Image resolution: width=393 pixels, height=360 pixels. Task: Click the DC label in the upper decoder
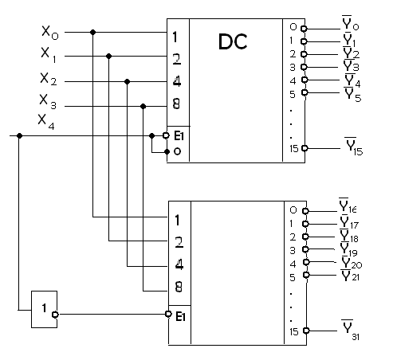coord(233,41)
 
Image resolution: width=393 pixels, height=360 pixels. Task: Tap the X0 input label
coord(50,33)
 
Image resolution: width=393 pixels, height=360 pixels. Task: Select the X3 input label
coord(48,102)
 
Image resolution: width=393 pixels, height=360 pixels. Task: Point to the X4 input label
coord(46,122)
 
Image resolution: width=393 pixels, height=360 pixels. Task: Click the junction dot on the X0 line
coord(92,33)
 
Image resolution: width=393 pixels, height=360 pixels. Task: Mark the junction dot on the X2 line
coord(127,81)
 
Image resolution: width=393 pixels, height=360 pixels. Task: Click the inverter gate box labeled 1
coord(44,309)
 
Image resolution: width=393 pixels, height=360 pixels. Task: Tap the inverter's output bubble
coord(55,315)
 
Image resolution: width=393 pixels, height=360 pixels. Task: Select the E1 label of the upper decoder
coord(179,136)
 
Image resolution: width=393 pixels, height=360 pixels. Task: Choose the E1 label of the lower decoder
coord(180,316)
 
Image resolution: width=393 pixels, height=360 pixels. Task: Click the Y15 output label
coord(354,146)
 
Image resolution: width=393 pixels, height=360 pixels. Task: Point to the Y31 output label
coord(351,330)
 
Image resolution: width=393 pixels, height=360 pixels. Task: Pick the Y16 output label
coord(348,205)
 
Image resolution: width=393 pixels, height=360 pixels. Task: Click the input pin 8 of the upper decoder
coord(176,104)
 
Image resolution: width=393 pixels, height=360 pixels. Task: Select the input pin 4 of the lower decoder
coord(179,264)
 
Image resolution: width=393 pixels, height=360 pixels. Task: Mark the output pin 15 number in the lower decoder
coord(294,331)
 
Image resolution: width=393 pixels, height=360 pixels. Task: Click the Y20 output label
coord(352,263)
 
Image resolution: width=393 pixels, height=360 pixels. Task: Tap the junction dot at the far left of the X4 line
coord(19,136)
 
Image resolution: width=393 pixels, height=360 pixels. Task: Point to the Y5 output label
coord(353,95)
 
